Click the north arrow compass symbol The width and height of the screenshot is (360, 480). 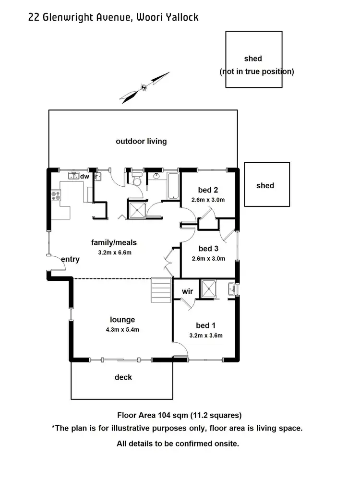144,87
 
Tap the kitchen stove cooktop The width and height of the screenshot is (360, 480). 56,196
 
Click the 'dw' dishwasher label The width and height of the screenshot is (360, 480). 84,177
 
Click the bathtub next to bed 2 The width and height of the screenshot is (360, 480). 173,186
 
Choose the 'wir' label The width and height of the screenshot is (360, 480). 187,291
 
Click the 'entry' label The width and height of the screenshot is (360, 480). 70,259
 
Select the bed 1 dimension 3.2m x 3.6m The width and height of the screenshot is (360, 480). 206,336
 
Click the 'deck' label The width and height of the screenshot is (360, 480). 123,377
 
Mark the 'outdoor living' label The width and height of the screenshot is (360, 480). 141,141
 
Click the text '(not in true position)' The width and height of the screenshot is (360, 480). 256,72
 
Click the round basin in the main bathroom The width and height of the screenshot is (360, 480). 156,177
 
